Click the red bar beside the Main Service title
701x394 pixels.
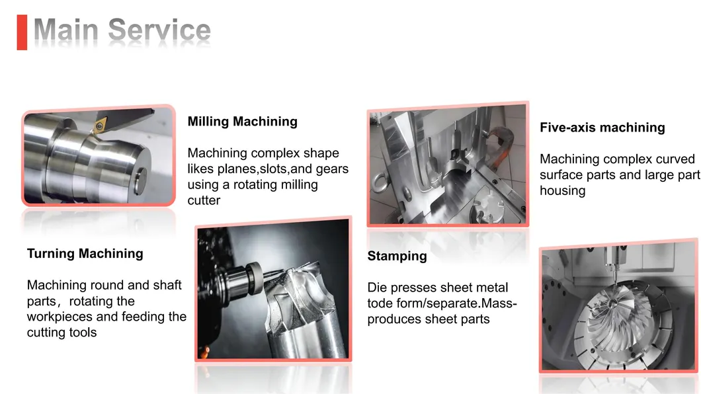[x=22, y=32]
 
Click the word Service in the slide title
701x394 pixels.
[x=159, y=31]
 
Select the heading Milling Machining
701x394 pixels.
[x=242, y=122]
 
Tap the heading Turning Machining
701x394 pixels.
[x=85, y=254]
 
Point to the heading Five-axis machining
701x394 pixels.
[x=602, y=128]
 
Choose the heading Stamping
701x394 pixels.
[x=397, y=256]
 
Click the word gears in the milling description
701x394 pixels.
[x=332, y=169]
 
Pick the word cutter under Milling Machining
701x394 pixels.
[x=204, y=200]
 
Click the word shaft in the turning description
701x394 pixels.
[x=165, y=286]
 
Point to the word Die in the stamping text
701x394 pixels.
[x=378, y=288]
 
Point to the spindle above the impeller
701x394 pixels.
[x=622, y=258]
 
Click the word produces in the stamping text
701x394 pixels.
[x=394, y=319]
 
